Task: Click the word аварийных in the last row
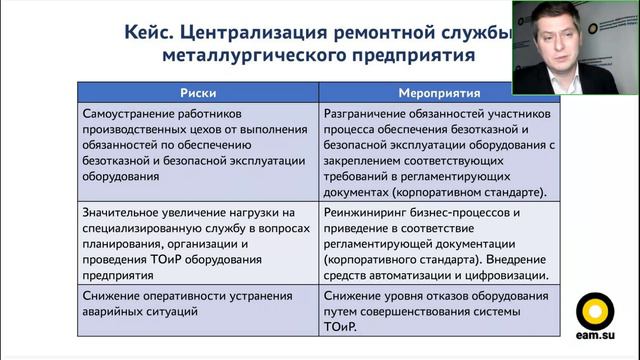117,312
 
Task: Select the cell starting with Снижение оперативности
200,304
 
